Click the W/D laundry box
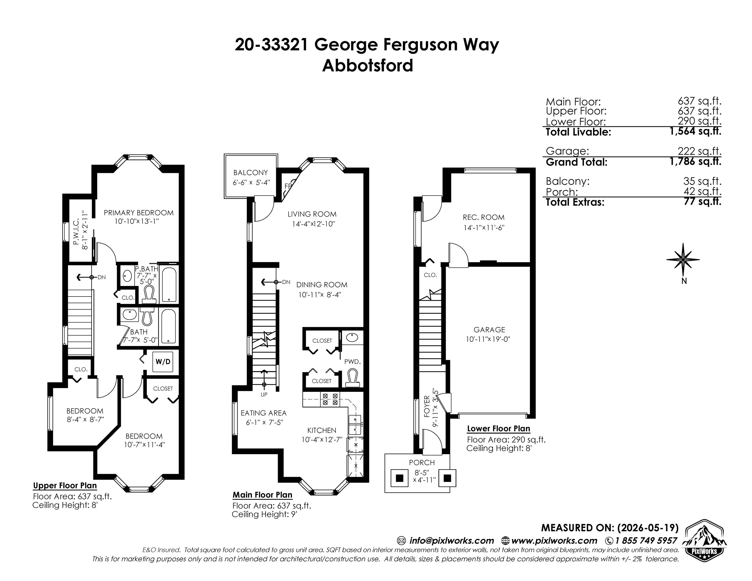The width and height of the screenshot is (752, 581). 163,361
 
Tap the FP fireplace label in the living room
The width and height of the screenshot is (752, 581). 288,186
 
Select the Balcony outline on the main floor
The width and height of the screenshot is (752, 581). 251,176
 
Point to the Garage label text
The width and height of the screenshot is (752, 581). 489,330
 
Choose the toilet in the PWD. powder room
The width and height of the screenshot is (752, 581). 352,378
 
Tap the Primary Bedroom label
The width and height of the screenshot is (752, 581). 139,213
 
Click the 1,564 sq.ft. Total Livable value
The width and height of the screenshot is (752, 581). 695,131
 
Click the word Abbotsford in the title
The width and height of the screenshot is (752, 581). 367,65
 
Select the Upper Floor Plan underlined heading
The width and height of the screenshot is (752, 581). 65,486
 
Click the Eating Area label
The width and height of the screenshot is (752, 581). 263,413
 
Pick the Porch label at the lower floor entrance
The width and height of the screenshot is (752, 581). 422,462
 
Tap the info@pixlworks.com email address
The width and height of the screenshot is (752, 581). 451,540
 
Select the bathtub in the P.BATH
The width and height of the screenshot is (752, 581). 169,285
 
